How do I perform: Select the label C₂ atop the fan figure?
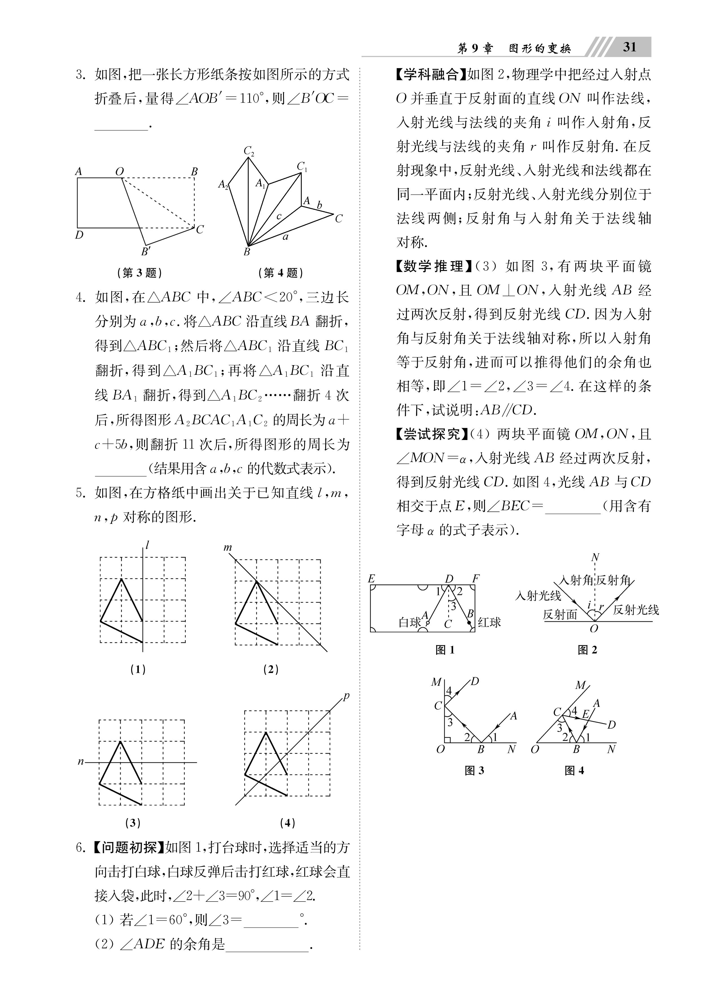(249, 151)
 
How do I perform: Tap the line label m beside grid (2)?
(227, 548)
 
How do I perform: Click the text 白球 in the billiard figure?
(409, 623)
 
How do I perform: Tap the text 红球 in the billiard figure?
(489, 622)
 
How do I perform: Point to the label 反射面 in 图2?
(560, 615)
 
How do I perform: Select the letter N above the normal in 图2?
(595, 557)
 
